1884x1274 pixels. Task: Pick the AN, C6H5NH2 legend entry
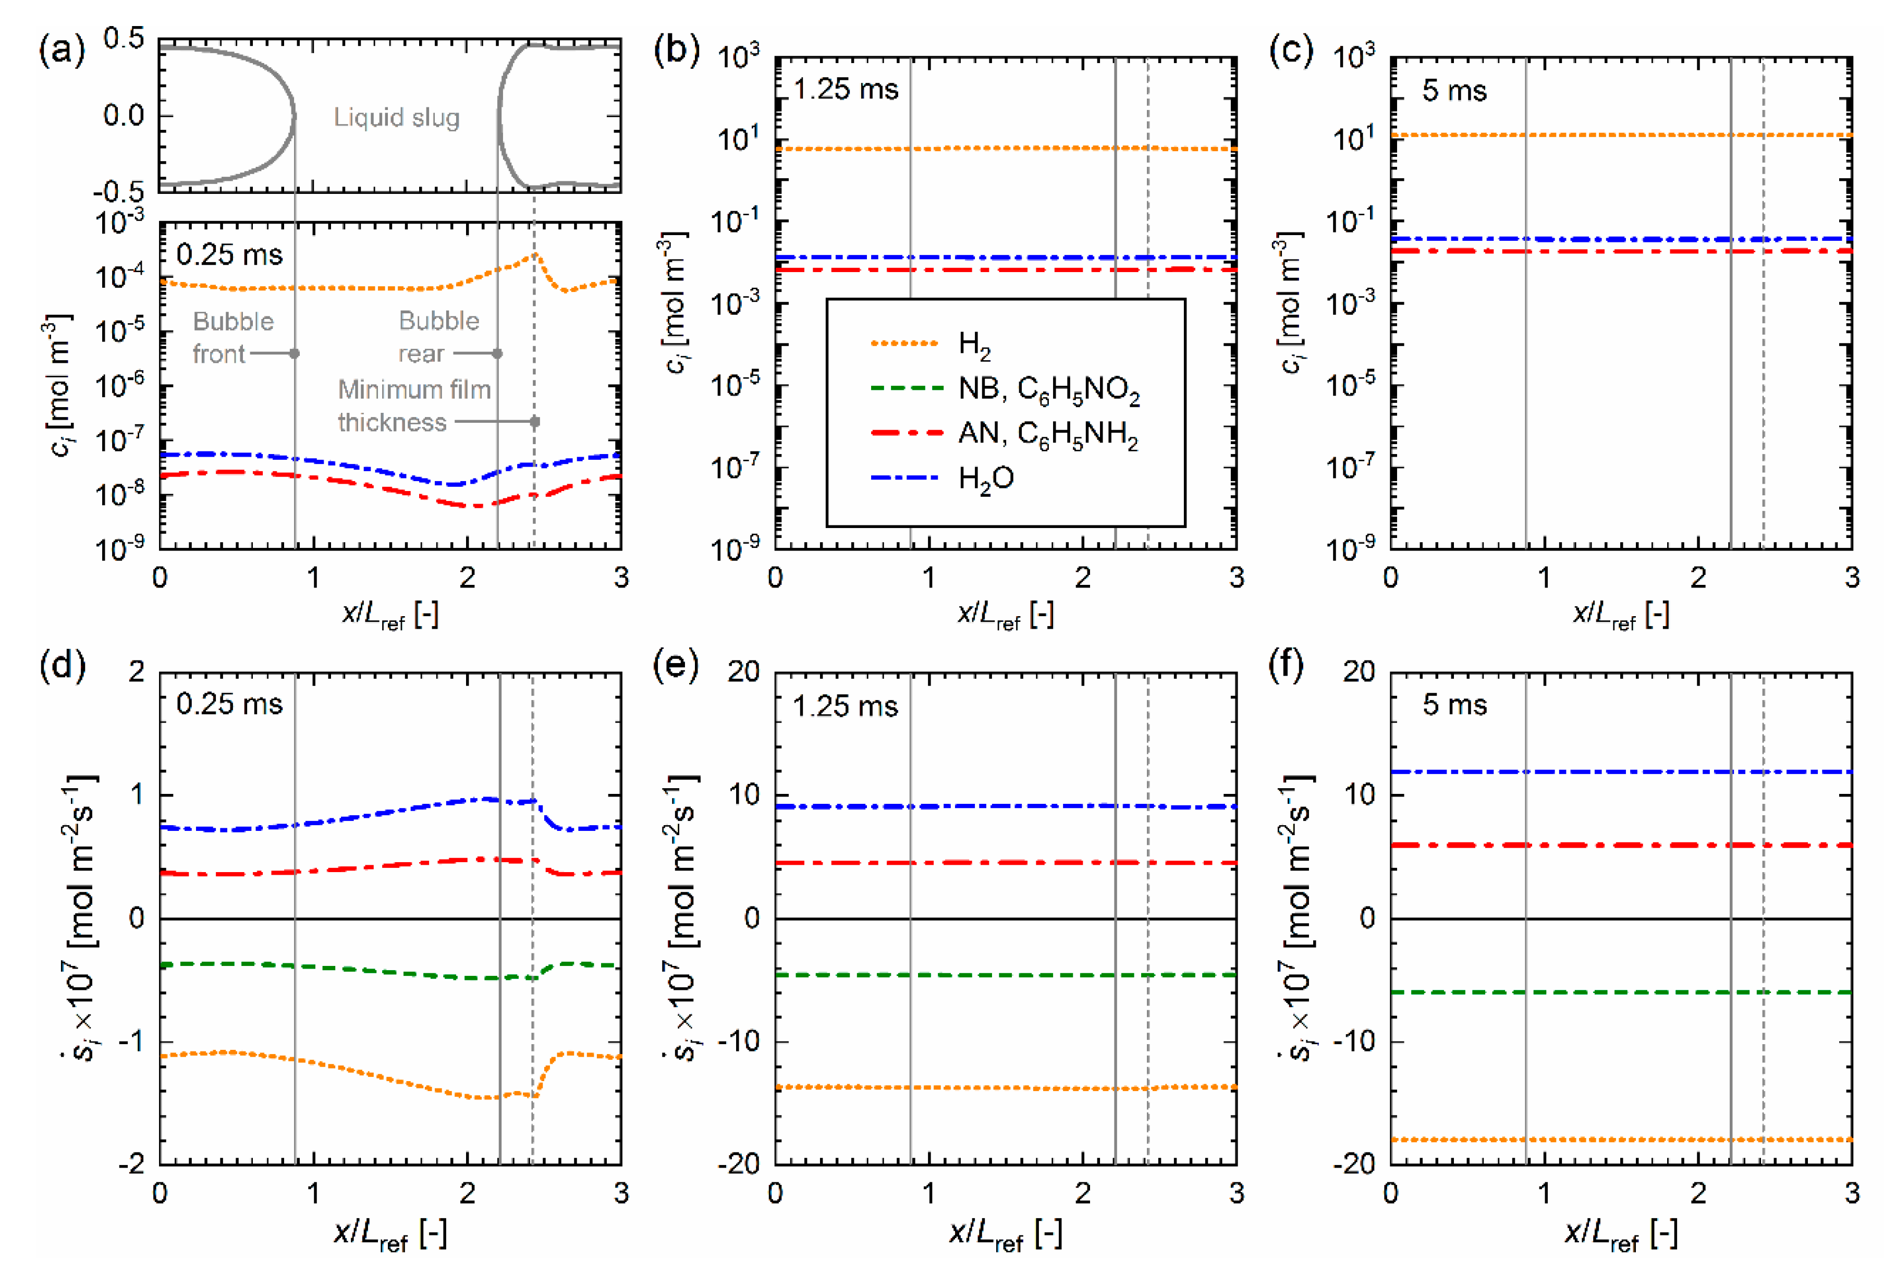coord(1047,434)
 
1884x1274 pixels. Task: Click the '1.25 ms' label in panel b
coord(846,89)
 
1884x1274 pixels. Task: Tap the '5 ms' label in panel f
coord(1454,705)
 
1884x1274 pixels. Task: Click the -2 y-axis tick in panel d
coord(131,1164)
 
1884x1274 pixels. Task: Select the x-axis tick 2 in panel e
coord(1082,1193)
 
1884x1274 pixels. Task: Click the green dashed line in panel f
coord(1621,992)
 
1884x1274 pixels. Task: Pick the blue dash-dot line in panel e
coord(1005,806)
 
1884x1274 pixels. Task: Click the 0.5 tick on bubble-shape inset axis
coord(124,38)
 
